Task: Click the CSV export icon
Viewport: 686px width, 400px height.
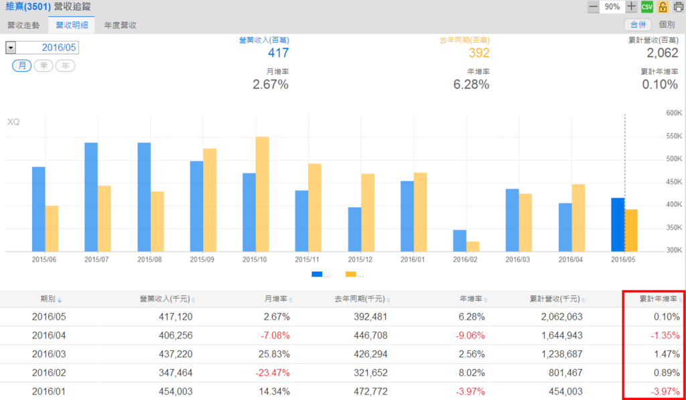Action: click(x=646, y=7)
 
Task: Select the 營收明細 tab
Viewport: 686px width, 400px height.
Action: click(x=71, y=25)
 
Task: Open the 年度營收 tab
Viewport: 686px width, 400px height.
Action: click(x=121, y=25)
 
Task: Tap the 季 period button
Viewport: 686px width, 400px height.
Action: click(x=44, y=66)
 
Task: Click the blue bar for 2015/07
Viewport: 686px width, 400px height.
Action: click(x=91, y=197)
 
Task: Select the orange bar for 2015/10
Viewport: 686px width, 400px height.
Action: click(x=262, y=194)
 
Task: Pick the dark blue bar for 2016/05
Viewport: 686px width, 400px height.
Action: click(x=618, y=224)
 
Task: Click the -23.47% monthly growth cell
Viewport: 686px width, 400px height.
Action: click(x=272, y=373)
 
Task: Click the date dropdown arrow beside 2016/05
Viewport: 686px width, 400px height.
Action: click(x=10, y=48)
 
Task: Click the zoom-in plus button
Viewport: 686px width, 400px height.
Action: click(x=631, y=7)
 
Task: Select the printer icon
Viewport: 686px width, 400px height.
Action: click(x=678, y=7)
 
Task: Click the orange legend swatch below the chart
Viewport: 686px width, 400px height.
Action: click(x=351, y=274)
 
